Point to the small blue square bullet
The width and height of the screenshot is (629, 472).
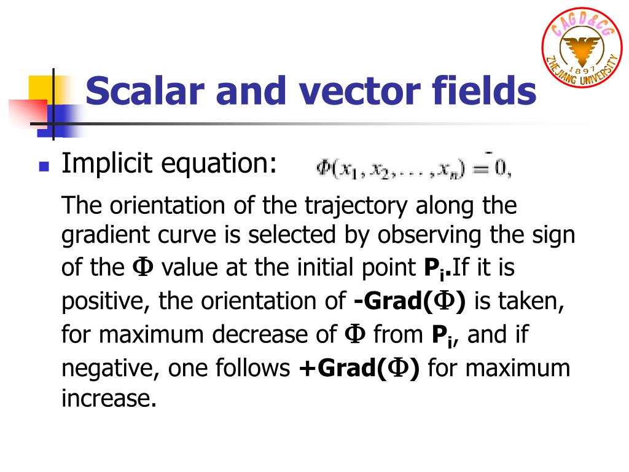43,166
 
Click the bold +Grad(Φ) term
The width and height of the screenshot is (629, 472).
359,368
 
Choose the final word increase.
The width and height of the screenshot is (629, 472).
109,399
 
